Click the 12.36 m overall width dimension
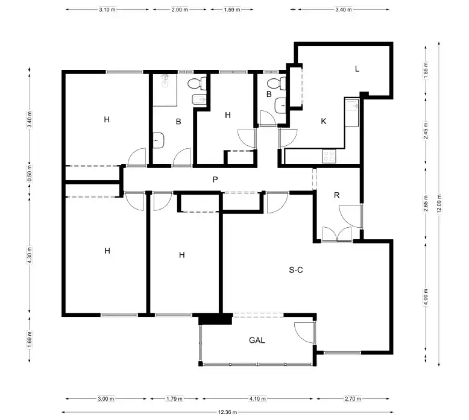click(227, 412)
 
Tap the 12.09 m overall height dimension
click(439, 204)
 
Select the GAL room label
click(257, 340)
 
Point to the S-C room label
click(296, 270)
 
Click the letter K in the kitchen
click(323, 121)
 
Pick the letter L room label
click(357, 69)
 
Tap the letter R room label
click(337, 195)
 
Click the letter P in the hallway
click(215, 180)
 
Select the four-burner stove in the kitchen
click(329, 156)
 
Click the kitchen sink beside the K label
click(352, 113)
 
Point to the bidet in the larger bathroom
click(199, 99)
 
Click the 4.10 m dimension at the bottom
click(257, 398)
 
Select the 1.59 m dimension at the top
click(232, 10)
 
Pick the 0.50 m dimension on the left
click(30, 174)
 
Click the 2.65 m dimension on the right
click(426, 204)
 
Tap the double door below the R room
click(337, 234)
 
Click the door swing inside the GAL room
click(304, 333)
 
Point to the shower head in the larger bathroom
click(165, 80)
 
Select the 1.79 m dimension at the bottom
click(174, 398)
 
